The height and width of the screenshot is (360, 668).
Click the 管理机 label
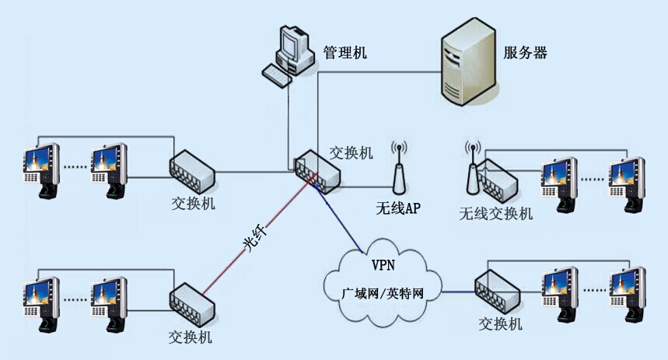(x=344, y=52)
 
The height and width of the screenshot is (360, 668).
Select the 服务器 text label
(x=525, y=52)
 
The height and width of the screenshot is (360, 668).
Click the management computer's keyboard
(x=276, y=75)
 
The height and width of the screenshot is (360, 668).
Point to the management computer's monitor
(x=291, y=42)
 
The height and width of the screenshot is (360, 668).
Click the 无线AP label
(x=398, y=208)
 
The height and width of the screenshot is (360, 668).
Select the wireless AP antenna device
(x=399, y=168)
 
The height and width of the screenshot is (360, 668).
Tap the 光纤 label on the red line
(x=255, y=239)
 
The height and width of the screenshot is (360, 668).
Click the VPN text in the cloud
(x=383, y=264)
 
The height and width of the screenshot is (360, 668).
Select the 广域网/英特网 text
(x=383, y=293)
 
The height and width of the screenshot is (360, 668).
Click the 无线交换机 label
(x=496, y=213)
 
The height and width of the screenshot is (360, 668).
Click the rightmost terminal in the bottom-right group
(x=628, y=295)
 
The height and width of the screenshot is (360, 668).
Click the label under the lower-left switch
(x=190, y=337)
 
